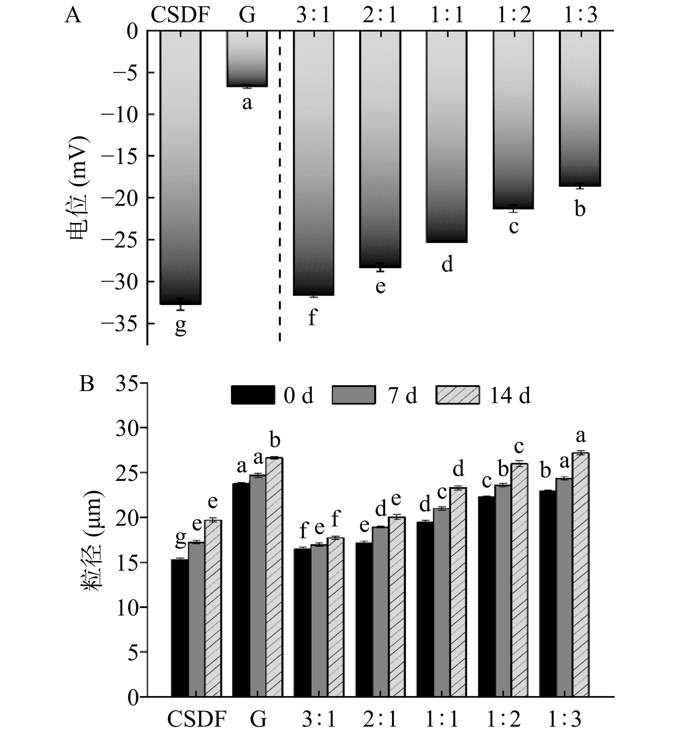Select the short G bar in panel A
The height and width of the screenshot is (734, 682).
(x=247, y=59)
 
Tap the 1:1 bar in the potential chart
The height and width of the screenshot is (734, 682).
(x=447, y=136)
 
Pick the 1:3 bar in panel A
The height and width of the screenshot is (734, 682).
(x=580, y=109)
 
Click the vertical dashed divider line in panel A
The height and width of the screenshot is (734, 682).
(x=280, y=184)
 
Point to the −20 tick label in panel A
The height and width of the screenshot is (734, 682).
(x=122, y=198)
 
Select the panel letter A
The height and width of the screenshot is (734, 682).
(x=73, y=17)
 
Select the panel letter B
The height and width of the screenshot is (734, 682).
(x=87, y=385)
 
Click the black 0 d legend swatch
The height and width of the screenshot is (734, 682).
(x=253, y=395)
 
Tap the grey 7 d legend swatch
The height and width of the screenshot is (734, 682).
(x=354, y=395)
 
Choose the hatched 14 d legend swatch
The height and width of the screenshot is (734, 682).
(x=458, y=395)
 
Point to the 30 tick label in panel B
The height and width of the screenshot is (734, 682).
(x=128, y=427)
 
